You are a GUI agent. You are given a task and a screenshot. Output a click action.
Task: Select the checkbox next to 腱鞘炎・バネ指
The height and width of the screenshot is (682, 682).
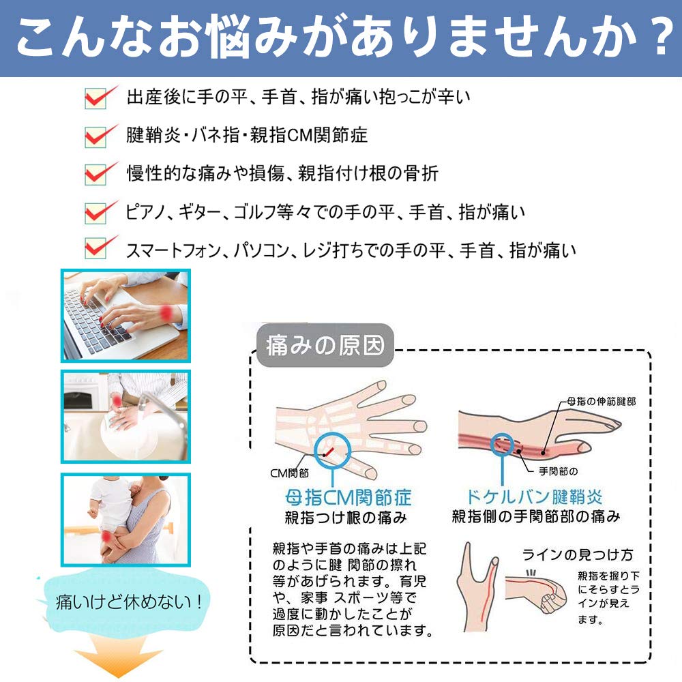(x=95, y=136)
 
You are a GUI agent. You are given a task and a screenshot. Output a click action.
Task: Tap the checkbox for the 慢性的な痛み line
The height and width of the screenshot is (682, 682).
(x=95, y=174)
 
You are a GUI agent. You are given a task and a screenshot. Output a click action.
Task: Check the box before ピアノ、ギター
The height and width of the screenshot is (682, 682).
(x=95, y=212)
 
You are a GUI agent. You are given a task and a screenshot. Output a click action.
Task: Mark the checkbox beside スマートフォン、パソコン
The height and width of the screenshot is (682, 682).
(x=95, y=249)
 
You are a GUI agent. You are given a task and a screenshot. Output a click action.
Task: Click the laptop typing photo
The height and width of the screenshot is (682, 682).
(x=125, y=315)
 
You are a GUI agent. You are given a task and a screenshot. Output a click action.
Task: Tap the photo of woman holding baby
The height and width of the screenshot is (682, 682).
(x=125, y=520)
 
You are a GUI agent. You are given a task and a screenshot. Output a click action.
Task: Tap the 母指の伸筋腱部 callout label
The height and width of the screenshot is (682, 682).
(x=601, y=402)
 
